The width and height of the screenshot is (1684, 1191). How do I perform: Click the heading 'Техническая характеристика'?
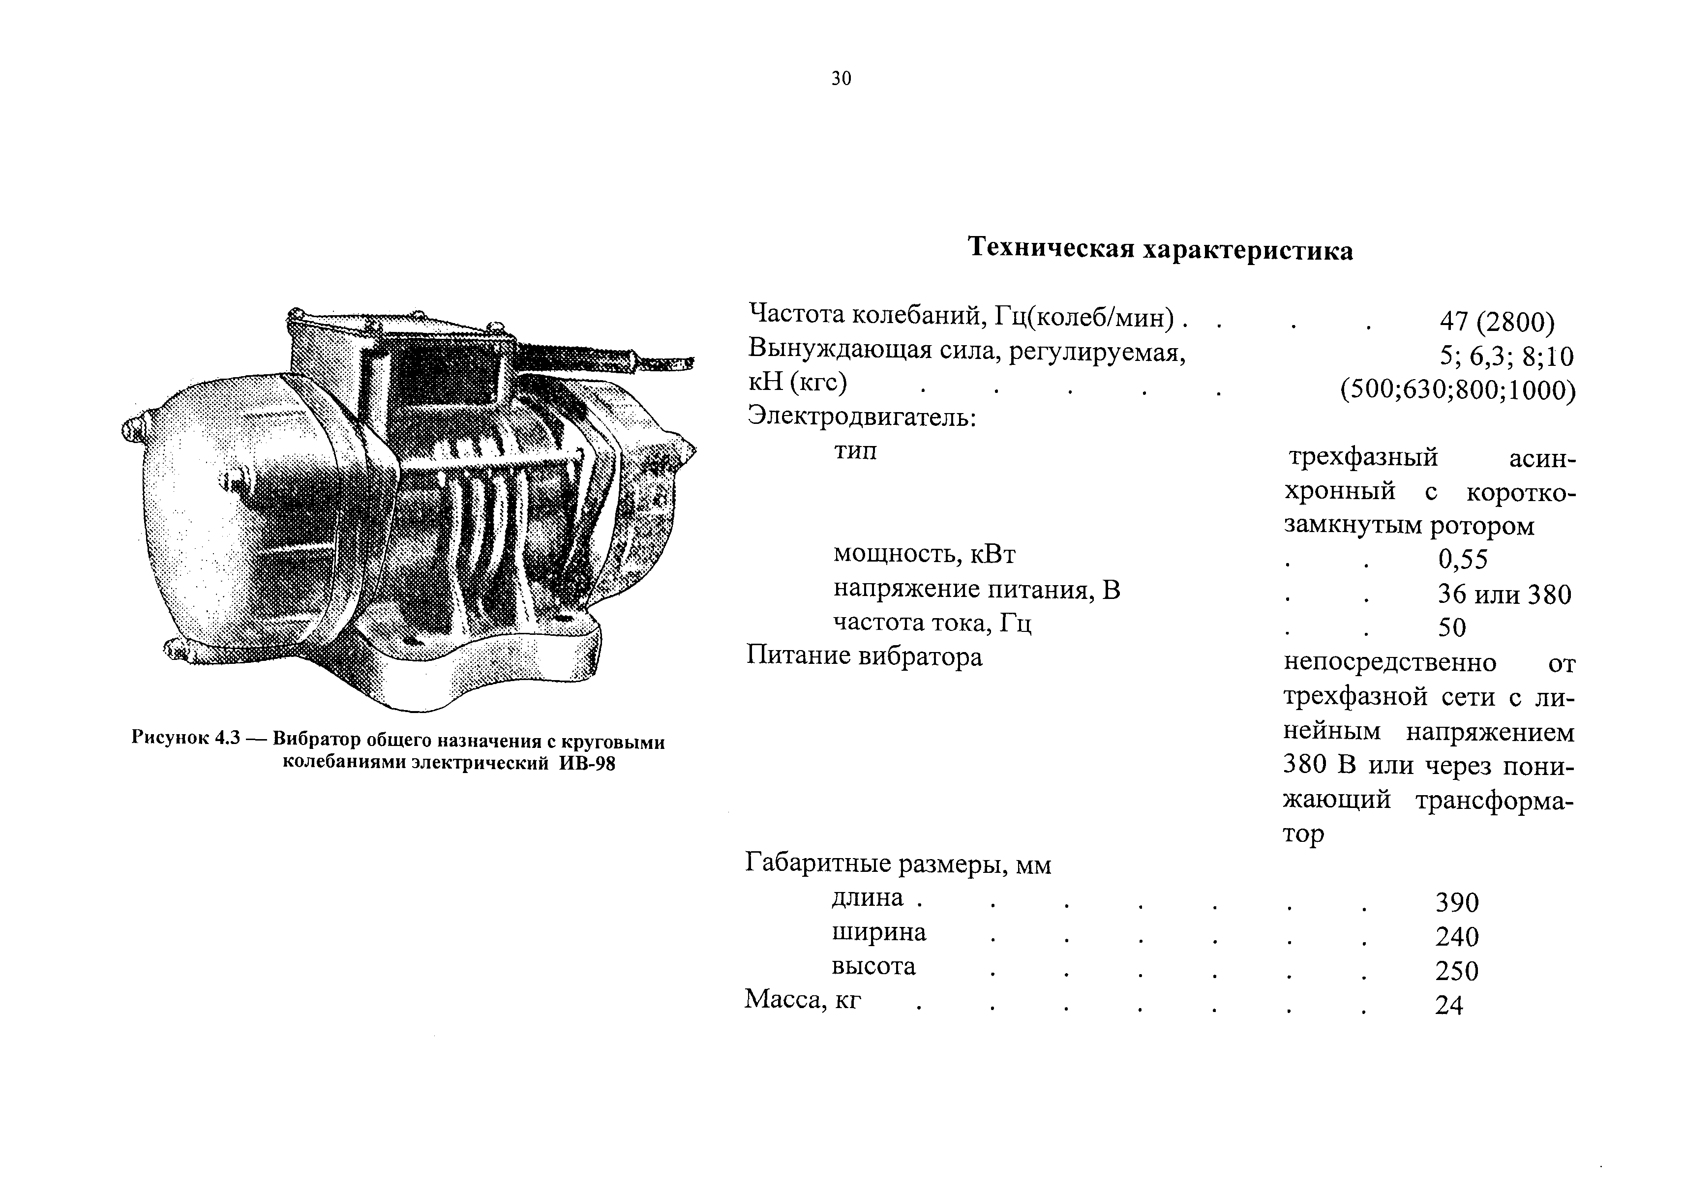(x=1160, y=249)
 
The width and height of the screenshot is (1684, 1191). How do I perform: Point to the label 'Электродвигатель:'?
(x=862, y=417)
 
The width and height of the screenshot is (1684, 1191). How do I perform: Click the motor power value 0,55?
(x=1463, y=560)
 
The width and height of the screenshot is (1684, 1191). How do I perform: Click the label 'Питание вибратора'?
(x=864, y=655)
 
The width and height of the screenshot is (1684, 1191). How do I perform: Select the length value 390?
(x=1457, y=903)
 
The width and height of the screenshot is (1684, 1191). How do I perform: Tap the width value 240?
(x=1457, y=937)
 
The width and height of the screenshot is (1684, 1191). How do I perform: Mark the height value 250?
(x=1457, y=971)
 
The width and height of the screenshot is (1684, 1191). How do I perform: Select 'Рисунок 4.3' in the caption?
(x=185, y=738)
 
